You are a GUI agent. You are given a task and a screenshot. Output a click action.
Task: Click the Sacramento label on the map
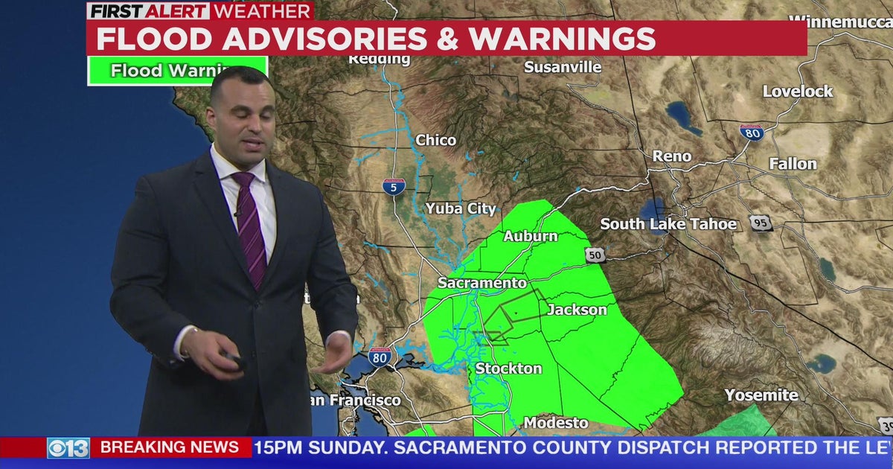(x=481, y=283)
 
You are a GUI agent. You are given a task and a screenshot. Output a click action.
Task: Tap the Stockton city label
(x=508, y=368)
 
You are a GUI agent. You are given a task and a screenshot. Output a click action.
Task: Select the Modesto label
(x=556, y=423)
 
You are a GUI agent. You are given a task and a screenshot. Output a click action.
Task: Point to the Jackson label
(x=577, y=310)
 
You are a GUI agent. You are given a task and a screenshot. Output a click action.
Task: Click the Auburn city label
(x=530, y=236)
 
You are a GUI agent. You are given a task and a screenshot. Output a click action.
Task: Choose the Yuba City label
(x=461, y=208)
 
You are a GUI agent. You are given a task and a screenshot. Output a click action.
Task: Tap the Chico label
(x=436, y=140)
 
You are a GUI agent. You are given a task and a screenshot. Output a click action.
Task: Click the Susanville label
(x=563, y=67)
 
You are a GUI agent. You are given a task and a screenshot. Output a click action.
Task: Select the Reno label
(x=672, y=156)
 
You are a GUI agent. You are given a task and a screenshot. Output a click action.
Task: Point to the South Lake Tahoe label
(x=668, y=224)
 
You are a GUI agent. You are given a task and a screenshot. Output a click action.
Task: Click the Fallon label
(x=793, y=164)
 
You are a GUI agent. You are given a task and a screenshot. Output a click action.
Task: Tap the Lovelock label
(x=798, y=92)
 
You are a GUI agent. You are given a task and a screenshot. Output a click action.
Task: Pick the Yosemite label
(x=761, y=395)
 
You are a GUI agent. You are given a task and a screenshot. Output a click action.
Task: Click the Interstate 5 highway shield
(x=394, y=186)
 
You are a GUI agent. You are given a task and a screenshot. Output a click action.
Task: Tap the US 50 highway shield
(x=595, y=255)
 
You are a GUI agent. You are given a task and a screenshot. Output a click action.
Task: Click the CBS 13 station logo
(x=68, y=447)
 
